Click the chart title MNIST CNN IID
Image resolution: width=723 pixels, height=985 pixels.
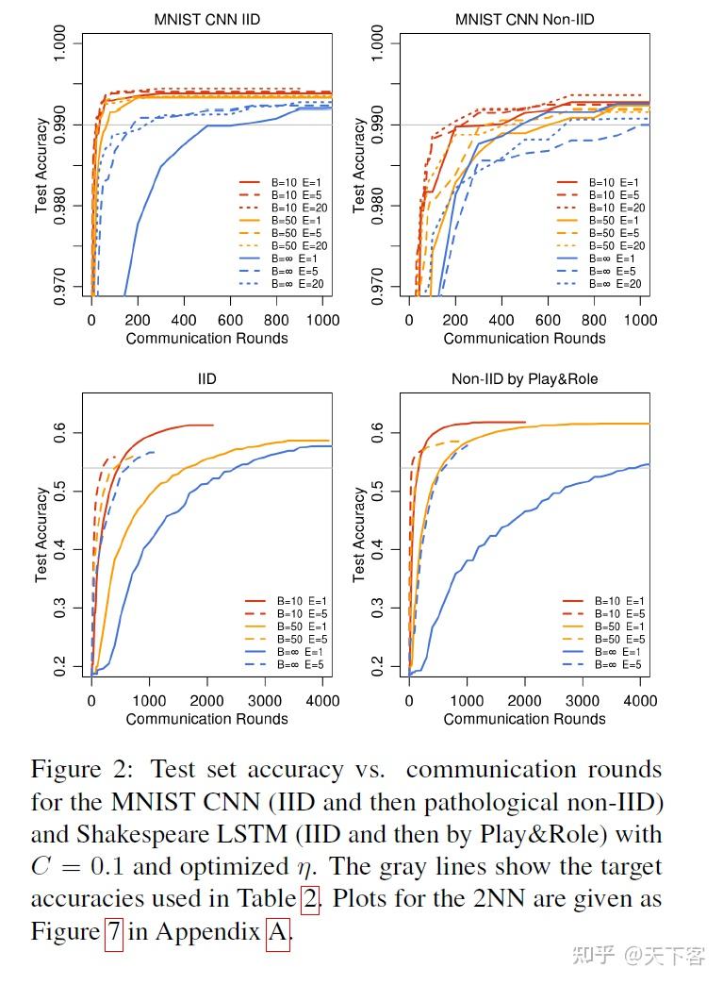206,19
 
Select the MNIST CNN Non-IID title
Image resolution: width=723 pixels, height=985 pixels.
524,19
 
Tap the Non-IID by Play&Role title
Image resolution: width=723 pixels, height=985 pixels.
524,379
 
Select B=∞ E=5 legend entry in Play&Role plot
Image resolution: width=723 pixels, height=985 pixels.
617,664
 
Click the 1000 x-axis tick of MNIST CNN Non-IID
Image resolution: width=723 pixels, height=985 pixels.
640,321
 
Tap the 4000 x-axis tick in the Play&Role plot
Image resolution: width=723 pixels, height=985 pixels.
640,701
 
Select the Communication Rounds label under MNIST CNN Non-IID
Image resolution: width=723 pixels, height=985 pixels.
524,338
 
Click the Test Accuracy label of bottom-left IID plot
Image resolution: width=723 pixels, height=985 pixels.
41,534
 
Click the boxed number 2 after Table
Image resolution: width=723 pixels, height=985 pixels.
309,898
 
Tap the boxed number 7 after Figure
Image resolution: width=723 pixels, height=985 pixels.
113,931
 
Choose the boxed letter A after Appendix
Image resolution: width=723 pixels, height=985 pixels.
277,931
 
